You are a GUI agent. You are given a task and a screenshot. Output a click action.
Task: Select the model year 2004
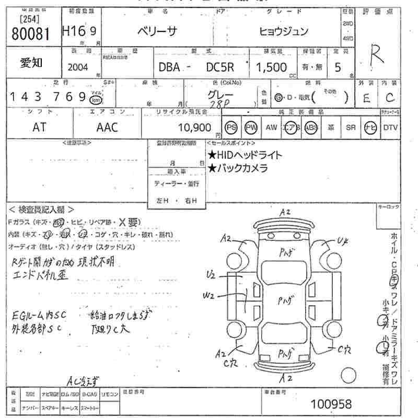(78, 67)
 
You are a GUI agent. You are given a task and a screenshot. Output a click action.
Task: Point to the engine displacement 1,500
(271, 67)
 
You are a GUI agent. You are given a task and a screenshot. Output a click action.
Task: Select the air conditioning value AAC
(107, 127)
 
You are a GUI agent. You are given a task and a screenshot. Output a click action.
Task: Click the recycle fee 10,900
(194, 127)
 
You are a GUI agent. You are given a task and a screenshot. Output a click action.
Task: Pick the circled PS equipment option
(231, 127)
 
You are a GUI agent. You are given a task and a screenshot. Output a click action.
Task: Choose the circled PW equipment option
(251, 127)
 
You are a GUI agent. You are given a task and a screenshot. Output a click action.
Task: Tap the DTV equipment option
(390, 127)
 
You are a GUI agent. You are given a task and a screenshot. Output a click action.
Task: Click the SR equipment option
(351, 127)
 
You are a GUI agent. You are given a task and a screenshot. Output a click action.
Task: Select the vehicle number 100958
(331, 403)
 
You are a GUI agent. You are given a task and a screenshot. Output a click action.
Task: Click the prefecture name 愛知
(31, 63)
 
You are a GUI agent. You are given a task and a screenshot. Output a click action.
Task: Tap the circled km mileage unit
(96, 99)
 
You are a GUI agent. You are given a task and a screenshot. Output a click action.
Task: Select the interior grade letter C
(389, 97)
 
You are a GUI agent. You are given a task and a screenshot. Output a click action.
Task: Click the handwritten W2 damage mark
(209, 296)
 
